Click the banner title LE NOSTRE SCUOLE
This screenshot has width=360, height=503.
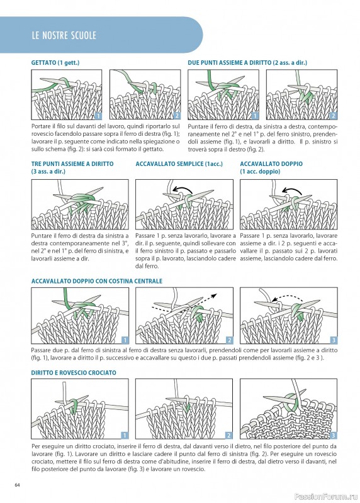point(64,35)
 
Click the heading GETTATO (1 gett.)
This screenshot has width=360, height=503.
point(55,62)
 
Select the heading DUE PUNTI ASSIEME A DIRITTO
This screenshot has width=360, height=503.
point(230,62)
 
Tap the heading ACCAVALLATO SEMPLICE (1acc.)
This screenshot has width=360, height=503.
point(179,163)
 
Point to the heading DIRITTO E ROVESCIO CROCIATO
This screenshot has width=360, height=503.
point(74,373)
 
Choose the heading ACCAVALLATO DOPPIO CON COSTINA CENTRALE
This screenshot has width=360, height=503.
point(97,281)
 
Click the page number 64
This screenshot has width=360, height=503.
point(18,485)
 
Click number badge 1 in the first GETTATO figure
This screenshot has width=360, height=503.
point(98,116)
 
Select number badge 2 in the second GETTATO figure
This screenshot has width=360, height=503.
point(177,116)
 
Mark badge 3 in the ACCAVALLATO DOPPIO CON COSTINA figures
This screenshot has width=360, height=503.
point(334,340)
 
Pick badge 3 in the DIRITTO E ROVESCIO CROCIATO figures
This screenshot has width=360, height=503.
point(334,435)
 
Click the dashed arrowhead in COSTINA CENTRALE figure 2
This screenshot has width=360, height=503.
point(215,295)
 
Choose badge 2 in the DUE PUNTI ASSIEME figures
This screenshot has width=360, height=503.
point(334,116)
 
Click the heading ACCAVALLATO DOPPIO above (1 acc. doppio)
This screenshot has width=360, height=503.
point(271,163)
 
